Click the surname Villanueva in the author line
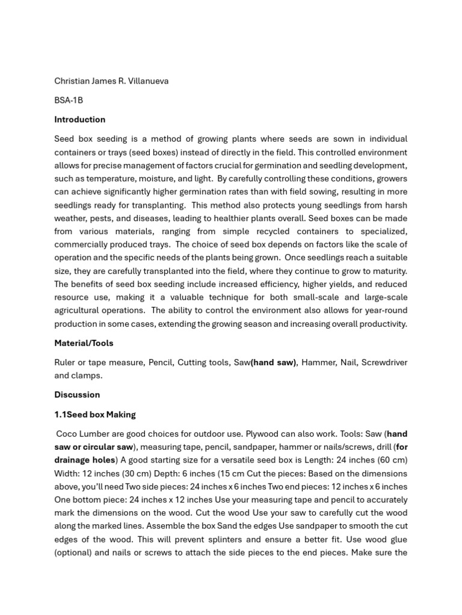click(147, 81)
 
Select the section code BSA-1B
click(69, 100)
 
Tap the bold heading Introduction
click(79, 120)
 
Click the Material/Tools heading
click(84, 344)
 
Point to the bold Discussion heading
click(77, 395)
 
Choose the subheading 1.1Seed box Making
click(95, 414)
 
